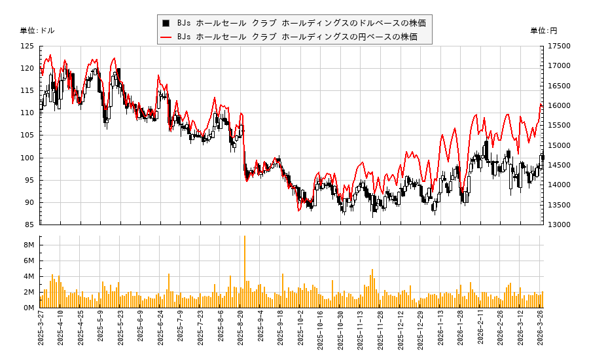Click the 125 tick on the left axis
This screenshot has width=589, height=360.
tap(27, 46)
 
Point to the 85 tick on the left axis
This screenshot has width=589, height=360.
tap(29, 225)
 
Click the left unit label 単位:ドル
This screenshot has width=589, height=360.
tap(37, 31)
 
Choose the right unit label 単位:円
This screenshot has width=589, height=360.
tap(543, 31)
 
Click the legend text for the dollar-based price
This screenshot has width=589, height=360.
tap(301, 23)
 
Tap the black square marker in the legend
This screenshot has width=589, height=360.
tap(166, 23)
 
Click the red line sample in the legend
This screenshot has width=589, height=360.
tap(166, 37)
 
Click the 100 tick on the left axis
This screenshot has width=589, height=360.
tap(27, 158)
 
